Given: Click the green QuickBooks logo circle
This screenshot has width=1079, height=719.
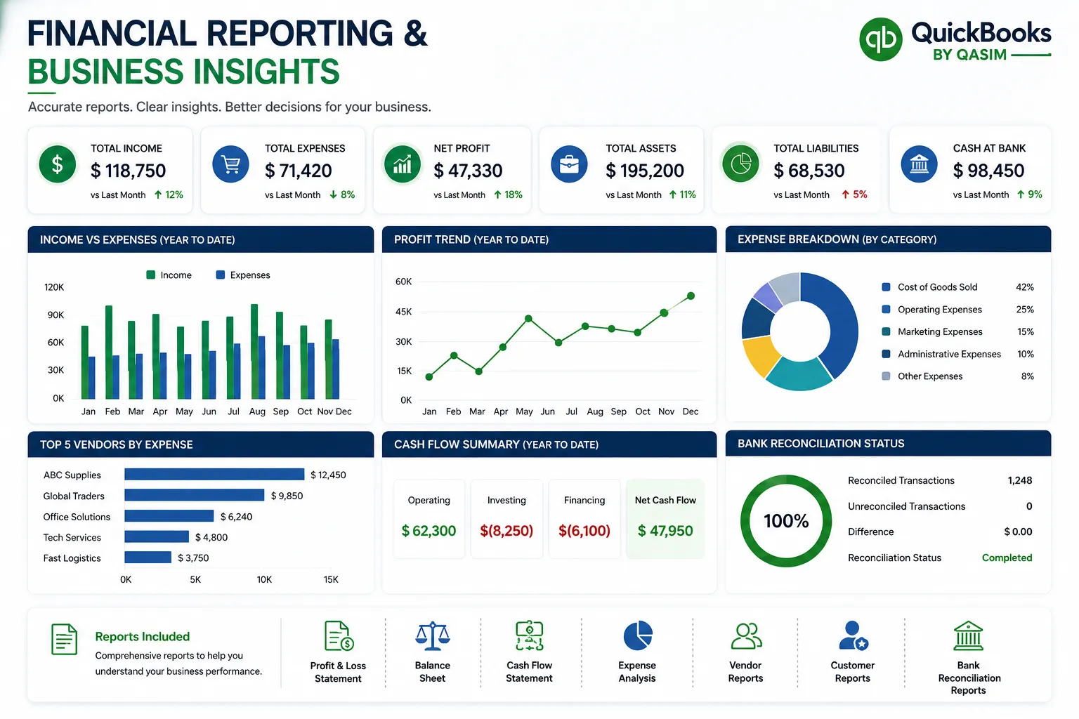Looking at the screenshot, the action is [880, 39].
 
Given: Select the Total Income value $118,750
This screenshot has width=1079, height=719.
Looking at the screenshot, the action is [128, 171].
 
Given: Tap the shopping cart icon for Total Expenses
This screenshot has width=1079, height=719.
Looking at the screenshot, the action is [230, 164].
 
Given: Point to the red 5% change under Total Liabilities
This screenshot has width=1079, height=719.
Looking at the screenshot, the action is [854, 194].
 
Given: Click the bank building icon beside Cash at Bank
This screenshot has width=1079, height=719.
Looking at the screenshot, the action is [919, 164].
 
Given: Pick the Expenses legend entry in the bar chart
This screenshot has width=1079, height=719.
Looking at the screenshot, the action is [243, 275].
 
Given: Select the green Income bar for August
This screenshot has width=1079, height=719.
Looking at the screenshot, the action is [254, 352].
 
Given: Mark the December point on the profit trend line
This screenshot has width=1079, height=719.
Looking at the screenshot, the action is [691, 296].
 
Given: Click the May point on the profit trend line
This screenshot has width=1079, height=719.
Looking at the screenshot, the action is [528, 318].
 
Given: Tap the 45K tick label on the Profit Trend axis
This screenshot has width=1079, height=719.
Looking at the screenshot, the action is [404, 312].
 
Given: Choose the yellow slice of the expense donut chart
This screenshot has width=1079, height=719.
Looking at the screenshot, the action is [760, 356].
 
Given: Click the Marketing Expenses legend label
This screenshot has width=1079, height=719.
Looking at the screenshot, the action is [940, 332].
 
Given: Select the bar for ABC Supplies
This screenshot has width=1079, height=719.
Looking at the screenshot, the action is [214, 475].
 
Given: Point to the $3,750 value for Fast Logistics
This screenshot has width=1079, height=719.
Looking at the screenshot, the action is [193, 558].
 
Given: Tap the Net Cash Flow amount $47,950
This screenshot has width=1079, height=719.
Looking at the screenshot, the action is [665, 531].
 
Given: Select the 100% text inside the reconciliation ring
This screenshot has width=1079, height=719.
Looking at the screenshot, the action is [786, 520].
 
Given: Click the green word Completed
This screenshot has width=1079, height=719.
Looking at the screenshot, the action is [1007, 558].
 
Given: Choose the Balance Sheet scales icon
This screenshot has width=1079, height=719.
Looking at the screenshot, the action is [433, 635].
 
